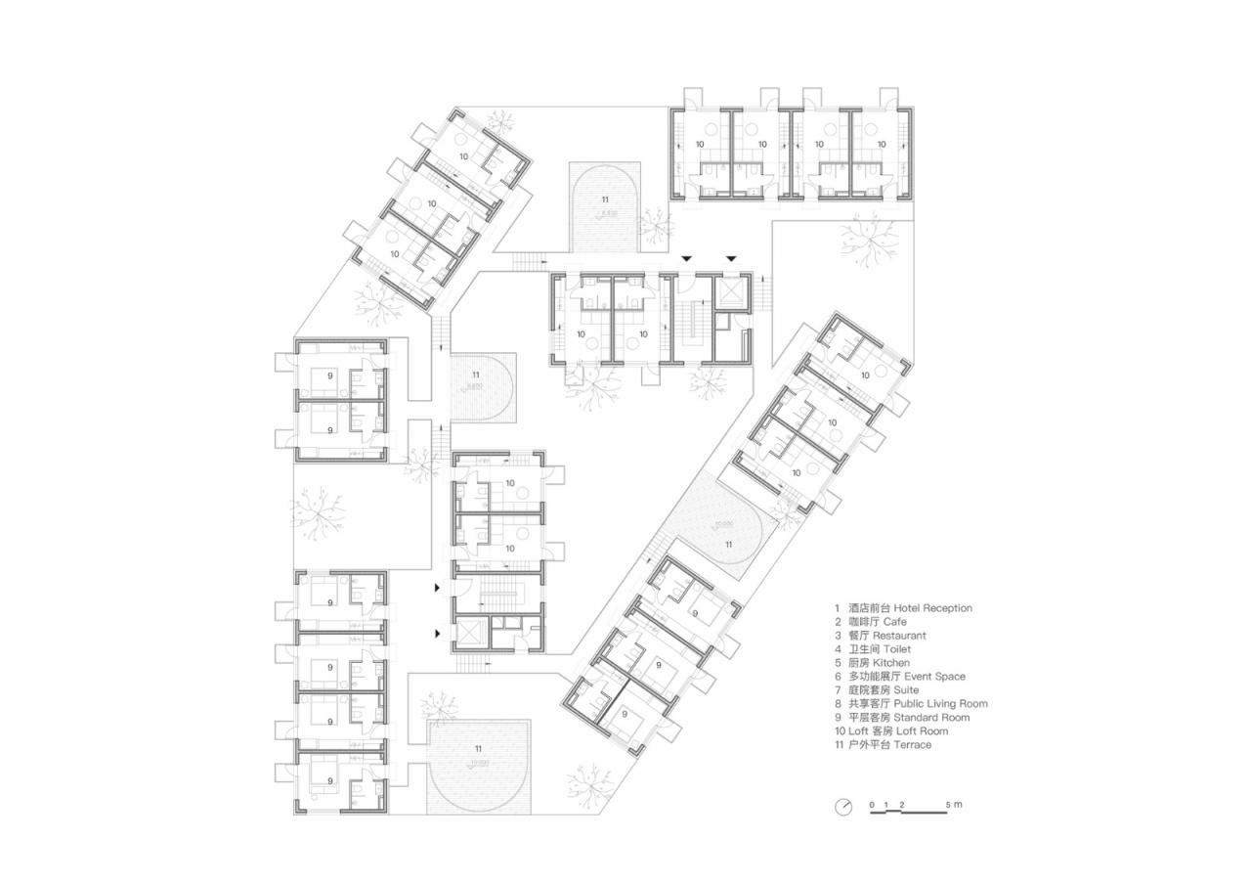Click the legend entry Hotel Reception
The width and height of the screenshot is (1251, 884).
tap(932, 608)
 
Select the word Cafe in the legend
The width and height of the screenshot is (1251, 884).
tap(895, 622)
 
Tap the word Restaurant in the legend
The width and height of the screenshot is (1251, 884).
tap(899, 636)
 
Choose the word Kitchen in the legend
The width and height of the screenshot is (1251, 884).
tap(891, 663)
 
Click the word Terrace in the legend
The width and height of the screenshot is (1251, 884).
tap(911, 745)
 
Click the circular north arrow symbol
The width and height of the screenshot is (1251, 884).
tap(843, 807)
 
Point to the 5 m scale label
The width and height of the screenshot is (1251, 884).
tap(954, 805)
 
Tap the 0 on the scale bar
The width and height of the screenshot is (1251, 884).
tap(873, 805)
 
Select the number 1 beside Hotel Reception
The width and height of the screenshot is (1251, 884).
tap(837, 608)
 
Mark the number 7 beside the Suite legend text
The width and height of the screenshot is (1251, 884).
tap(837, 690)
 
